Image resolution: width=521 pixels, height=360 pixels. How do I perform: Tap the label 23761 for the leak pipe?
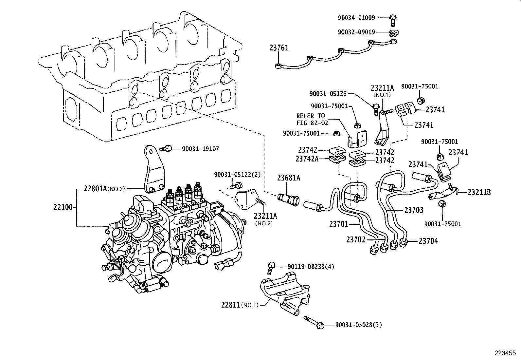pos(279,48)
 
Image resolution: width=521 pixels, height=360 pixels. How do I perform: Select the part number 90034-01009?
pos(356,18)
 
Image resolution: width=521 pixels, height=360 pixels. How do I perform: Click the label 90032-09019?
pos(356,32)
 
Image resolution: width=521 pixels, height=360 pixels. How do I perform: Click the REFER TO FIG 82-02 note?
pos(311,119)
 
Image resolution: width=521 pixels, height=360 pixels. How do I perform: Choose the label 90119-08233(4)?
pos(311,267)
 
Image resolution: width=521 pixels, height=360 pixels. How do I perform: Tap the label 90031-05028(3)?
pos(358,325)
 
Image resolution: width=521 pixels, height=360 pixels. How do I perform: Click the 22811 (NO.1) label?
pos(240,305)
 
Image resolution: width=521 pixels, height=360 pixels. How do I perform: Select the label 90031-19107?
pos(200,149)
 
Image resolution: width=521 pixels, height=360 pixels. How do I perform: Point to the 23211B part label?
pos(479,192)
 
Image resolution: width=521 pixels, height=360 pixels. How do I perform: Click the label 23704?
pos(428,241)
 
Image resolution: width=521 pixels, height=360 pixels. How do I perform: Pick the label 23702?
pos(355,240)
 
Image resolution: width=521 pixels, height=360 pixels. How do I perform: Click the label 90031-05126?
pos(328,94)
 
